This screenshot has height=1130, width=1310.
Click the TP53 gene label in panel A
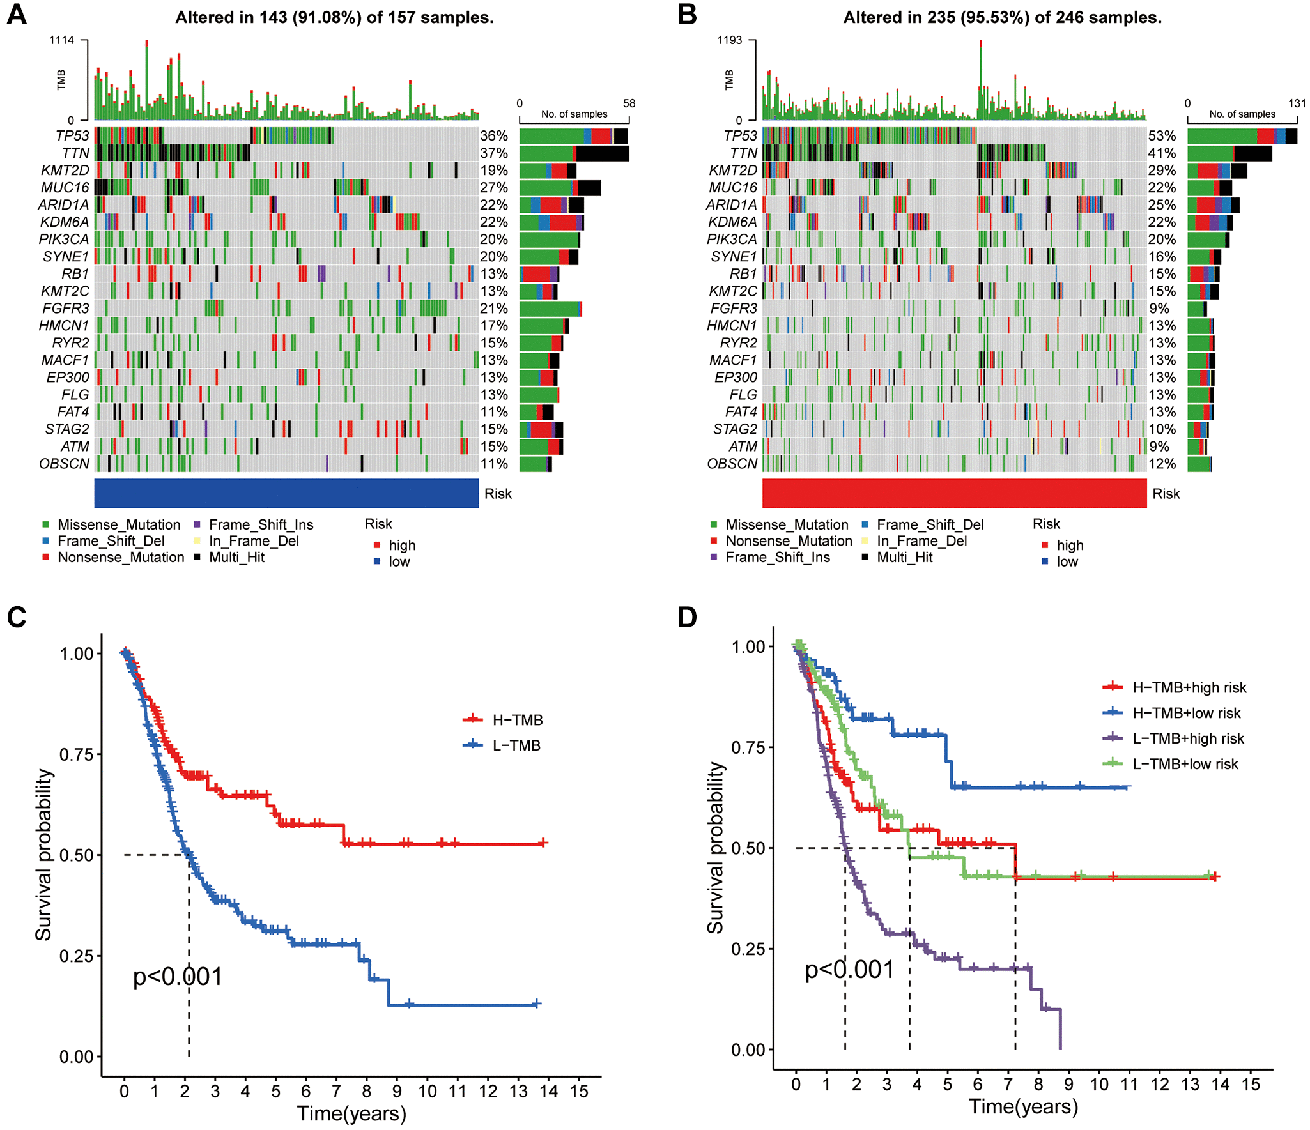click(72, 135)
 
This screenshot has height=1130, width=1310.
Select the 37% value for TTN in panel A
click(494, 153)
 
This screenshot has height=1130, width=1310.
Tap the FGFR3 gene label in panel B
click(734, 309)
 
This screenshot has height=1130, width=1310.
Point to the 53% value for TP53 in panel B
click(1162, 135)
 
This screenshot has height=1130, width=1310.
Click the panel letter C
click(17, 617)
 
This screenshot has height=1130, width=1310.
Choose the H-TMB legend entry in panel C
click(517, 720)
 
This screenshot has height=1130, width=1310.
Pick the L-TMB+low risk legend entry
click(1185, 764)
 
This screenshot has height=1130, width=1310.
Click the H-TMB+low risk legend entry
click(1186, 713)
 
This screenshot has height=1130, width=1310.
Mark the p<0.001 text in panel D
click(849, 970)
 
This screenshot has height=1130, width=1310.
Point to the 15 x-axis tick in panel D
click(1251, 1085)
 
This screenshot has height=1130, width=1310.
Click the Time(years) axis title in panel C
click(351, 1113)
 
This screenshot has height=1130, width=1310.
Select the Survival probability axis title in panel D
click(715, 848)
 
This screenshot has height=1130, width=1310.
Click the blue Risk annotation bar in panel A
click(286, 493)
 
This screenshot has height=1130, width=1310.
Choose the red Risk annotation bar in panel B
click(954, 493)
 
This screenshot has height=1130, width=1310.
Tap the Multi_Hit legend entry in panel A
click(236, 557)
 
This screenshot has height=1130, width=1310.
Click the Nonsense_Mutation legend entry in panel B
click(789, 541)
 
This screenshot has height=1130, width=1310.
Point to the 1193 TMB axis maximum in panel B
click(729, 40)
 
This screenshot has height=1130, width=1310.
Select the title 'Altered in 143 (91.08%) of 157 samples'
click(334, 17)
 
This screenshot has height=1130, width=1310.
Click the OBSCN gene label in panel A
click(64, 464)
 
